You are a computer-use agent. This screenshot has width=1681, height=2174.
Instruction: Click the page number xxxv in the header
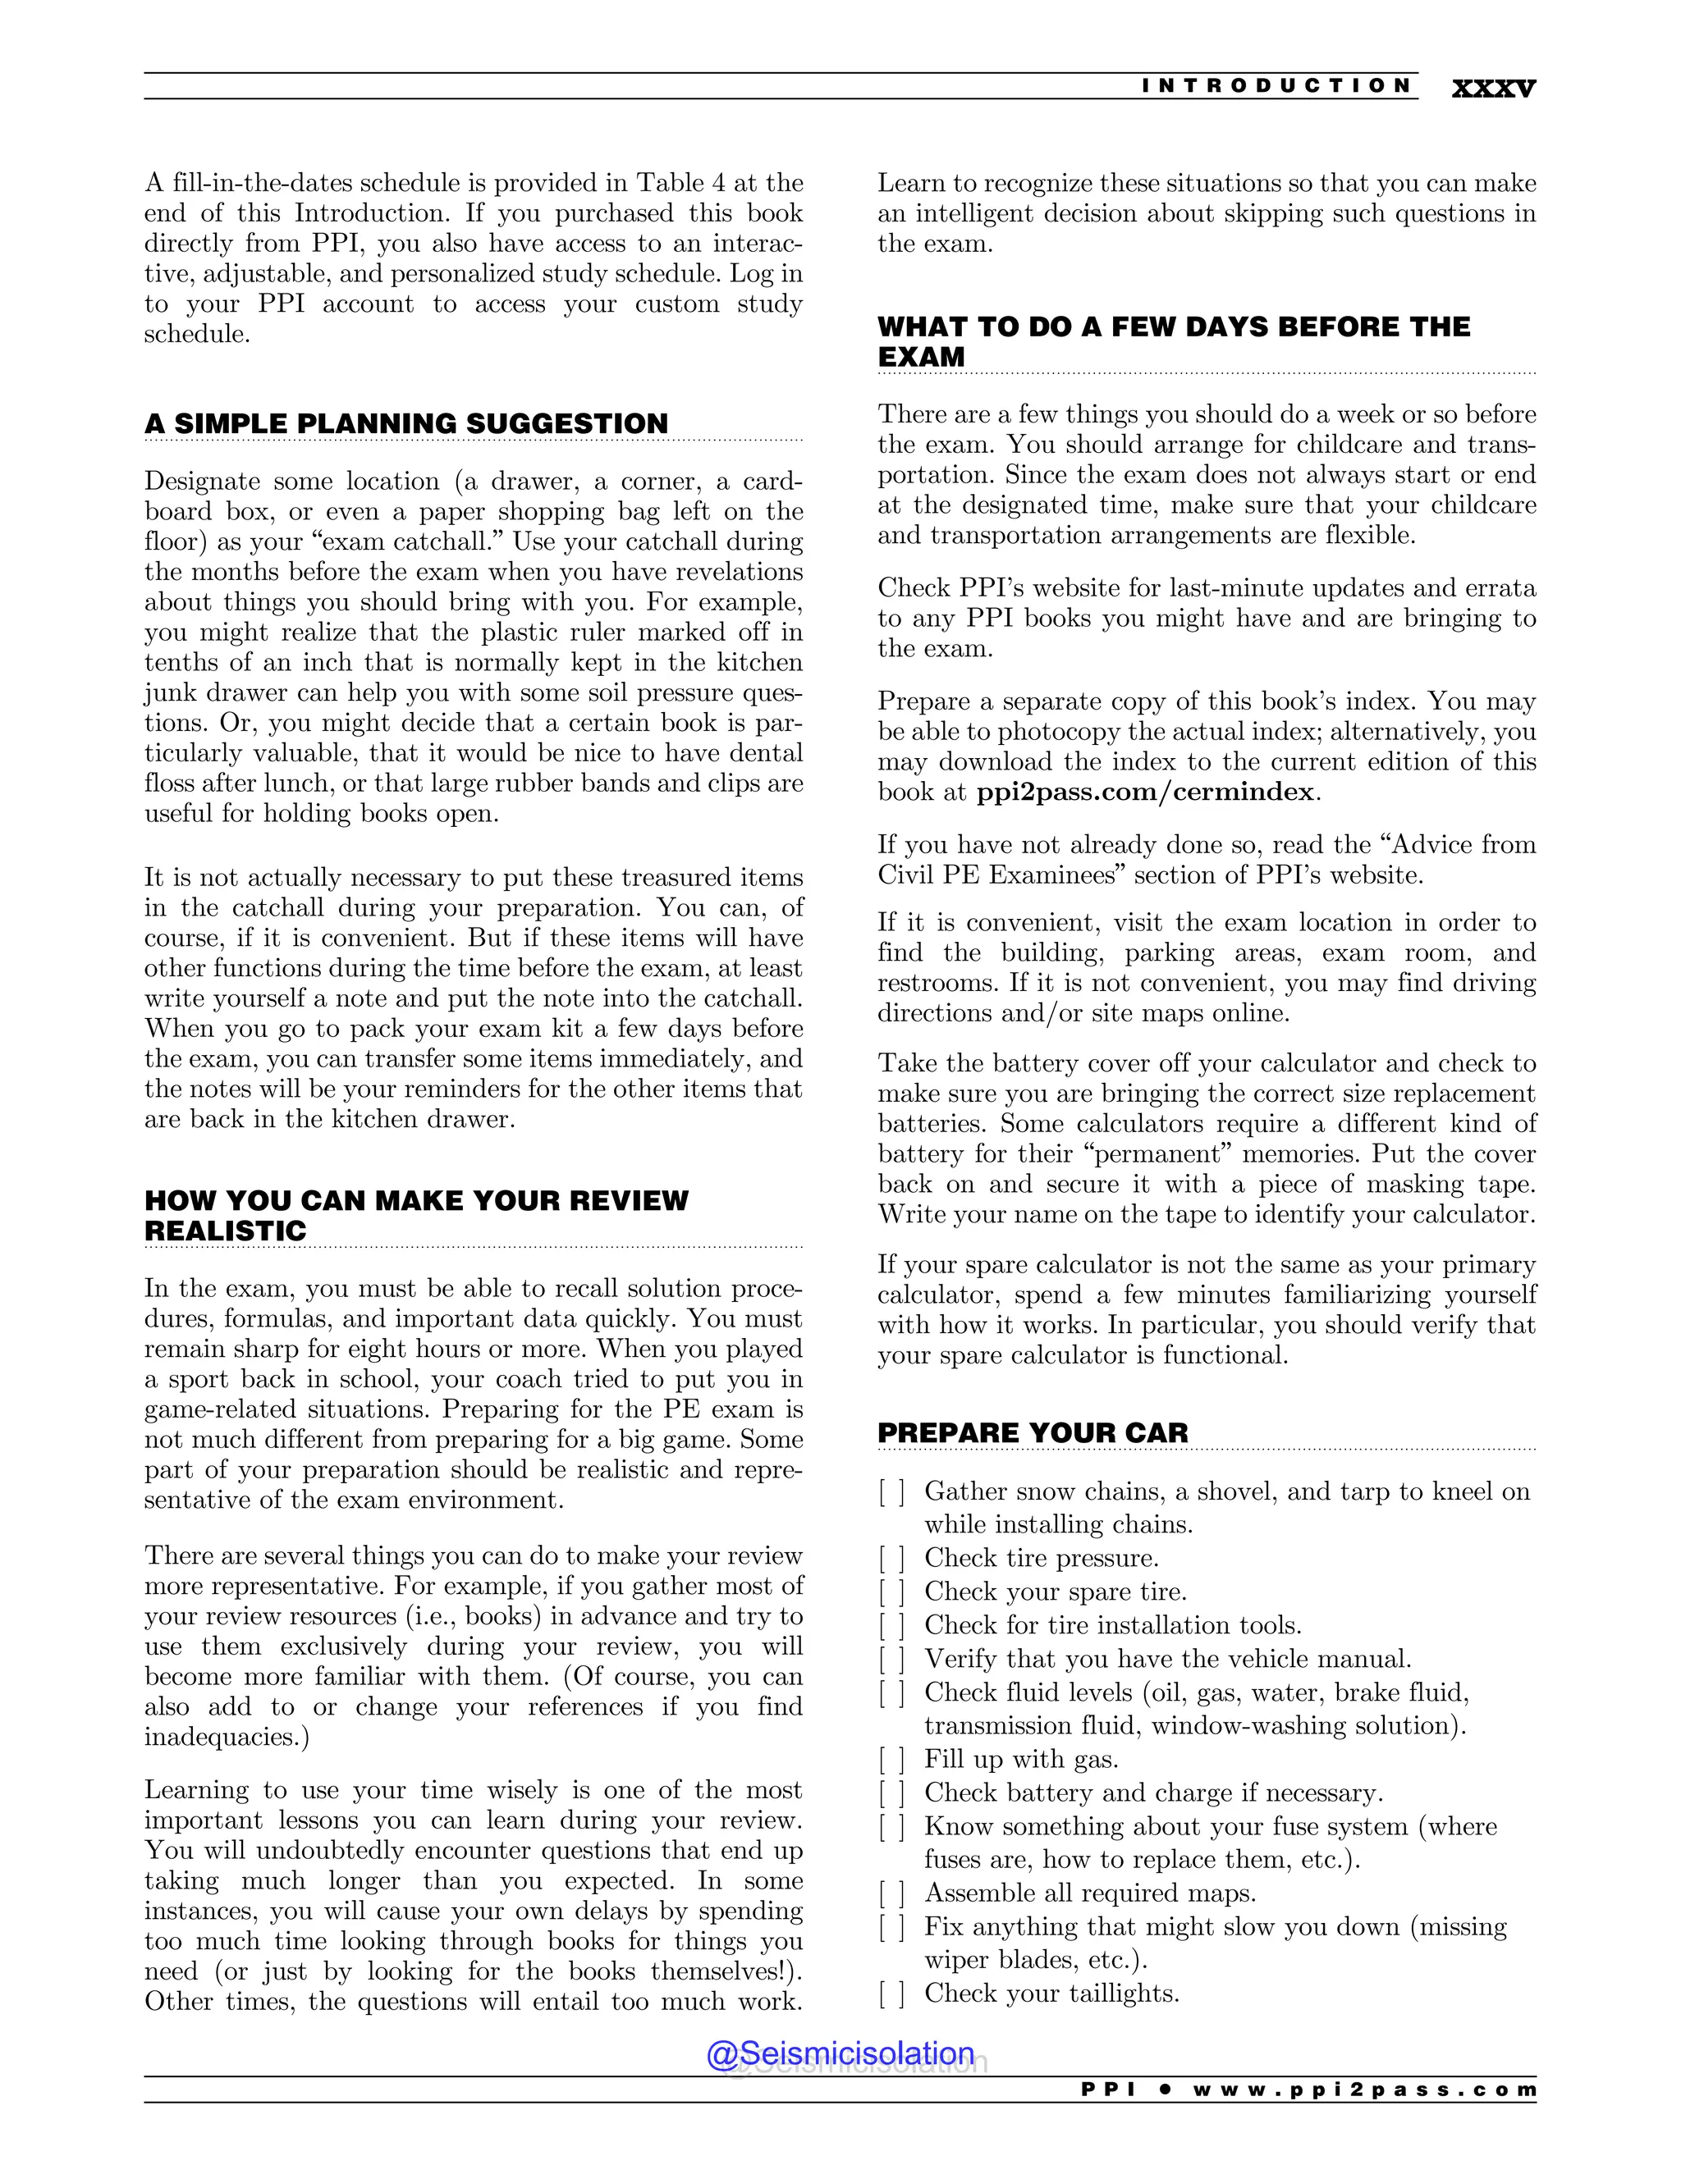point(1493,88)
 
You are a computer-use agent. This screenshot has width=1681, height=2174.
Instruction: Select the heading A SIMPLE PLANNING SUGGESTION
point(405,423)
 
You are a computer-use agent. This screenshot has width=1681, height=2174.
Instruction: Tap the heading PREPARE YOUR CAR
point(1033,1432)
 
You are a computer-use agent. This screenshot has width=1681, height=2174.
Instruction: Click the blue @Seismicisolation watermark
point(840,2053)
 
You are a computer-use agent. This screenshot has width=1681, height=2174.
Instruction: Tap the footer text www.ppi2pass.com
point(1363,2090)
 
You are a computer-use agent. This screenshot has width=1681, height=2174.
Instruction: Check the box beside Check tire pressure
point(891,1559)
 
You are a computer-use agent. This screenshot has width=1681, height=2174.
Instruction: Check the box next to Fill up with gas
point(891,1760)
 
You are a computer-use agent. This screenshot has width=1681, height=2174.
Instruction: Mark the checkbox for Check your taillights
point(891,1994)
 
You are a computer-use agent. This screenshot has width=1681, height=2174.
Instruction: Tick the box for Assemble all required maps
point(891,1893)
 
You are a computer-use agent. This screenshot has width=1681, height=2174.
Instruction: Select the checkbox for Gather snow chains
point(891,1492)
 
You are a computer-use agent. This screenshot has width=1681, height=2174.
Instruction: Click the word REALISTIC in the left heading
point(225,1231)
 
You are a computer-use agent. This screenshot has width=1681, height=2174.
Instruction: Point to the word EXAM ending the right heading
point(921,358)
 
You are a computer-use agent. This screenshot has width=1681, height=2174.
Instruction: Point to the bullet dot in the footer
point(1164,2090)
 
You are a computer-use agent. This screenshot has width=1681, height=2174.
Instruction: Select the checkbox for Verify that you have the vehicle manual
point(891,1660)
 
